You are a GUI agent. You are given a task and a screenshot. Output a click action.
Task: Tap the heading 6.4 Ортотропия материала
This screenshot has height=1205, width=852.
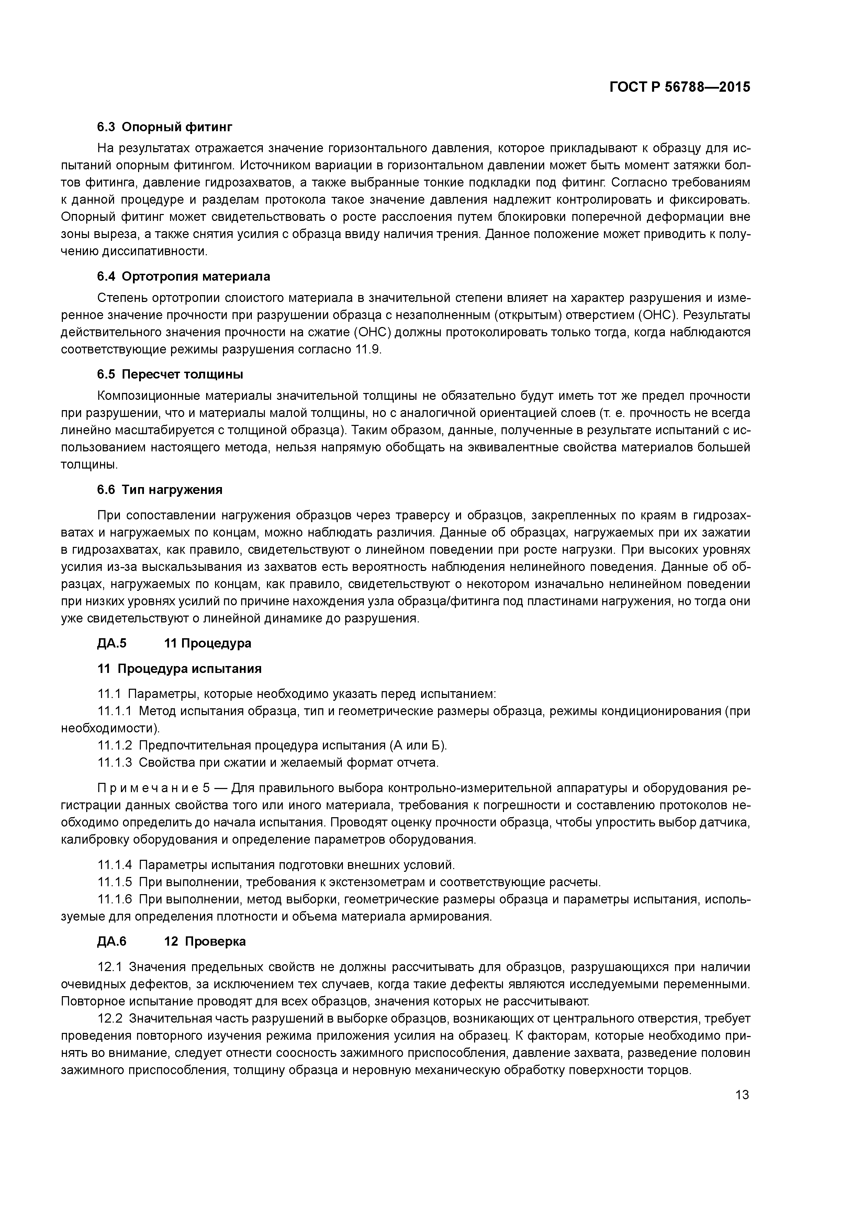184,276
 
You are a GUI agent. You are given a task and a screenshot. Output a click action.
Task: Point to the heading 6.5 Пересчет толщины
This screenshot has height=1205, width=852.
170,374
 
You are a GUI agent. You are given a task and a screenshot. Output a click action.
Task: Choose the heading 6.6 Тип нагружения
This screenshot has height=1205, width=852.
160,490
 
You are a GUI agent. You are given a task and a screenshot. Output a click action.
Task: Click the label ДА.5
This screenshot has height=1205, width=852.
111,643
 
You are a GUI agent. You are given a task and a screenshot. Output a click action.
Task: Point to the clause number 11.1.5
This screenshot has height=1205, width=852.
115,882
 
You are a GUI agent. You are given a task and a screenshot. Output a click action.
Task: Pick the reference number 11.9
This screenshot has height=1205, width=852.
367,349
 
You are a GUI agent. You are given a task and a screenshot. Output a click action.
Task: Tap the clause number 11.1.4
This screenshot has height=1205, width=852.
115,864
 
